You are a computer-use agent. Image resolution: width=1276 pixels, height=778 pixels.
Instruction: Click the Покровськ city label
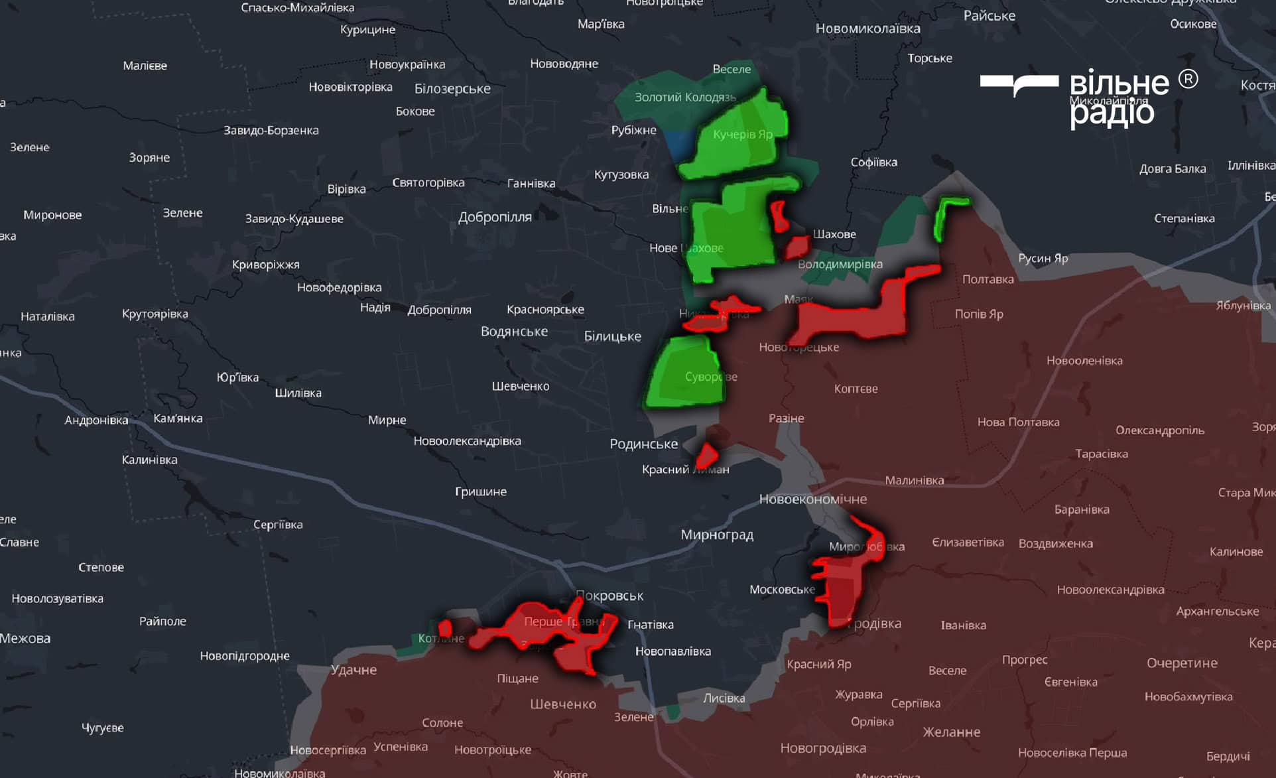click(x=609, y=596)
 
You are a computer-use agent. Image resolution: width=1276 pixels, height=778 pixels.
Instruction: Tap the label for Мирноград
click(x=717, y=535)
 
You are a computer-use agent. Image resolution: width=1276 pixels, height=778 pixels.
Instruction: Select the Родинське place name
click(x=643, y=444)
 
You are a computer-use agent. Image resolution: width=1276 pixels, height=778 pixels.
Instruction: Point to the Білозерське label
click(x=452, y=89)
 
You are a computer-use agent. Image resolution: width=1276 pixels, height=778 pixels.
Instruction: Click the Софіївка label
click(x=873, y=162)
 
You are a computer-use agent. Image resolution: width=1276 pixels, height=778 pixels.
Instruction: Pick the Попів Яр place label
click(x=978, y=314)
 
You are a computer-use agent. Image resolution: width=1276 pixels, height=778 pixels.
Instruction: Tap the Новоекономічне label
click(x=812, y=499)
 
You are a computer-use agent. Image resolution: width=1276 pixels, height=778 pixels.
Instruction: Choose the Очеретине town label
click(x=1182, y=663)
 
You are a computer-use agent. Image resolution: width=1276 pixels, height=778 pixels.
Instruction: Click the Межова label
click(x=25, y=639)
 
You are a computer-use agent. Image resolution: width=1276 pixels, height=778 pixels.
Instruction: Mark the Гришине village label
click(x=480, y=491)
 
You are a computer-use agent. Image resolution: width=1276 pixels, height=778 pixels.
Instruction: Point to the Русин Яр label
click(x=1043, y=258)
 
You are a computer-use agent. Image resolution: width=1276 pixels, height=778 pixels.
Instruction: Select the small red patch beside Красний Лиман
click(x=706, y=456)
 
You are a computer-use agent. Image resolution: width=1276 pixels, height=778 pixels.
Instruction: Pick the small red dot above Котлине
click(x=445, y=627)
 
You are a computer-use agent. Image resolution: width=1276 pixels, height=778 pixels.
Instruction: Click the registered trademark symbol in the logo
click(x=1188, y=80)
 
